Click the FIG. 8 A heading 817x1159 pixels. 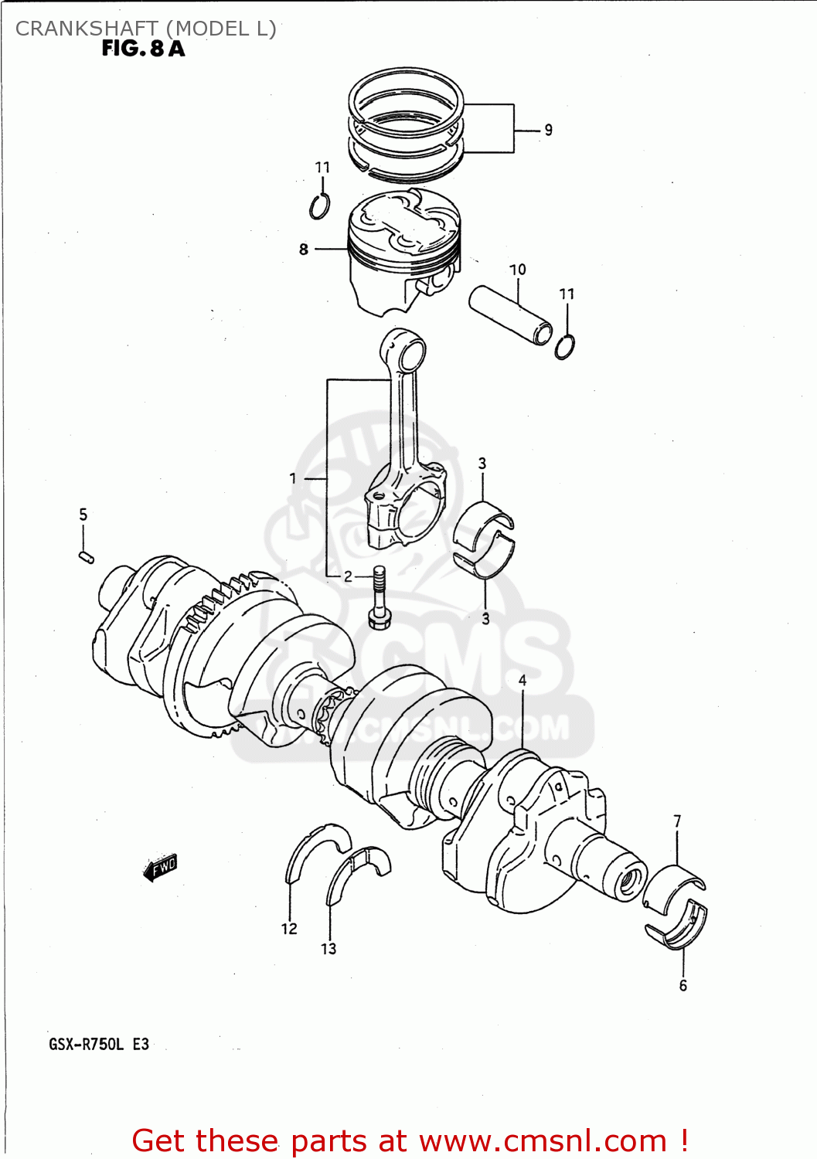[143, 49]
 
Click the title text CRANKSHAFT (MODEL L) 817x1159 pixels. [145, 29]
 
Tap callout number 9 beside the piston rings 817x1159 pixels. [548, 130]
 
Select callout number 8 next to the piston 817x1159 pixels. [304, 249]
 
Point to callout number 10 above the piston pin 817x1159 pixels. [517, 270]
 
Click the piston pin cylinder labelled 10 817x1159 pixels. [511, 314]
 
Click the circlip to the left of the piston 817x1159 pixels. [318, 206]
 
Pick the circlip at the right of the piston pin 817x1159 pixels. [564, 347]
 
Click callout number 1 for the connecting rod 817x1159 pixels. [293, 478]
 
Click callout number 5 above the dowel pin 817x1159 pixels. [83, 515]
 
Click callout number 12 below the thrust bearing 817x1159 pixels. [289, 929]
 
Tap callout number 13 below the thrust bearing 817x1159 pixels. [329, 949]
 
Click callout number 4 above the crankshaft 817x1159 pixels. [523, 681]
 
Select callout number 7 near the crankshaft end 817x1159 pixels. [677, 821]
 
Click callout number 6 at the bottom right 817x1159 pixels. [683, 985]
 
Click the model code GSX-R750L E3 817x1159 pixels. [99, 1045]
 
